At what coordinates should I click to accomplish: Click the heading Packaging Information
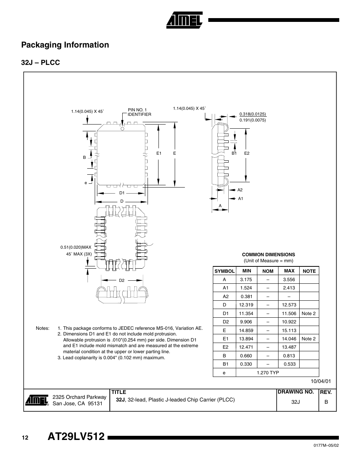point(65,45)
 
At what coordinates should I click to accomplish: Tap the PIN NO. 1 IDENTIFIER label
point(139,112)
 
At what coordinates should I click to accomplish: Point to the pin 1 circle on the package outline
point(122,128)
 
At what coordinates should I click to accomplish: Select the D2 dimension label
point(122,280)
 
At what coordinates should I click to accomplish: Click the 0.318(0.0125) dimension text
point(252,114)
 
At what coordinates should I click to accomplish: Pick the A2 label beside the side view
point(240,190)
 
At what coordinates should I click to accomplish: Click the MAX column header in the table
point(289,271)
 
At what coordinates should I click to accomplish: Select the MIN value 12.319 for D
point(246,305)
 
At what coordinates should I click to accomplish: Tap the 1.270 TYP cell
point(268,372)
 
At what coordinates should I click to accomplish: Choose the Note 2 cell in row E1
point(309,338)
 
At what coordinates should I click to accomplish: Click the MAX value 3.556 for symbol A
point(289,280)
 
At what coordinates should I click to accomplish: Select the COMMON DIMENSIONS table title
point(268,255)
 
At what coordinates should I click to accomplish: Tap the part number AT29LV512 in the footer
point(76,437)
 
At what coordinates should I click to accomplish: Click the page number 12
point(25,438)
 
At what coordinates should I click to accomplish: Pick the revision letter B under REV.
point(326,402)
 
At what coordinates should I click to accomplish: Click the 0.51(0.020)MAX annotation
point(76,247)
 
